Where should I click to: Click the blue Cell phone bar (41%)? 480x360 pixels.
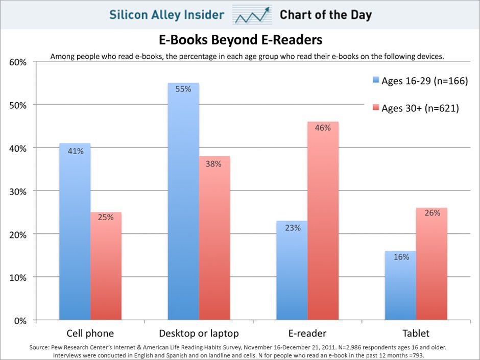click(x=75, y=232)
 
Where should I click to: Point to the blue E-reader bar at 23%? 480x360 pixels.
click(x=292, y=271)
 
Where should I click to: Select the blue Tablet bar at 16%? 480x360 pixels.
click(x=401, y=286)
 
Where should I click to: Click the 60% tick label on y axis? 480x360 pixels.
click(x=18, y=62)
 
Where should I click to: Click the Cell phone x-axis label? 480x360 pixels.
click(x=90, y=334)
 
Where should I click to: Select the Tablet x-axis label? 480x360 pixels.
click(x=416, y=334)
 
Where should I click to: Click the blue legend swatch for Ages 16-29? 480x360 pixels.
click(x=376, y=80)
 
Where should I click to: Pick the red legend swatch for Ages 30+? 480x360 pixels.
click(x=376, y=108)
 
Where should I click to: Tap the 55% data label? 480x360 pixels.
click(x=183, y=89)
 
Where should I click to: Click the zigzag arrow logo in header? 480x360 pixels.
click(x=251, y=15)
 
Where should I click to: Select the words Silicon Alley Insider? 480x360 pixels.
click(x=167, y=15)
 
